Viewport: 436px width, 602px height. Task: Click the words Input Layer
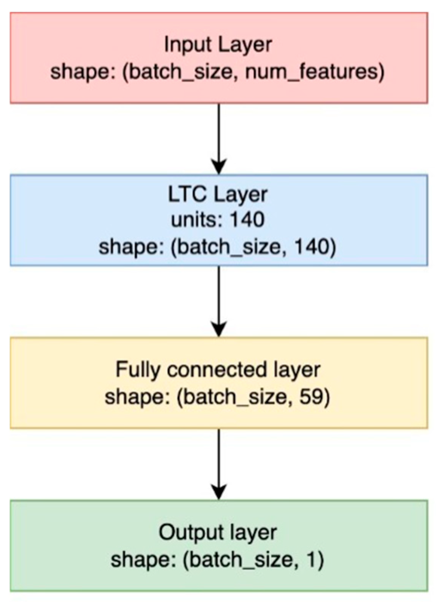(x=218, y=45)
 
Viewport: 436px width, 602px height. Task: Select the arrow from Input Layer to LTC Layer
(x=219, y=139)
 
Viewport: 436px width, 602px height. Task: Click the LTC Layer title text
(x=218, y=194)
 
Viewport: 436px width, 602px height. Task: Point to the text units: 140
(x=218, y=220)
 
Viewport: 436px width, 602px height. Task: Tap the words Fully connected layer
(x=218, y=370)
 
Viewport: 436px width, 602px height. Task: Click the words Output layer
(x=218, y=532)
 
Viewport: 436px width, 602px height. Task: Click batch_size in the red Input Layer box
(x=180, y=72)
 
